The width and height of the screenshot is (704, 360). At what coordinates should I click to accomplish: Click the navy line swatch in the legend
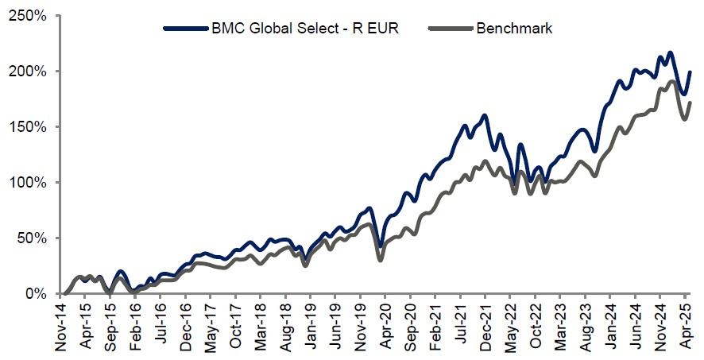(178, 29)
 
